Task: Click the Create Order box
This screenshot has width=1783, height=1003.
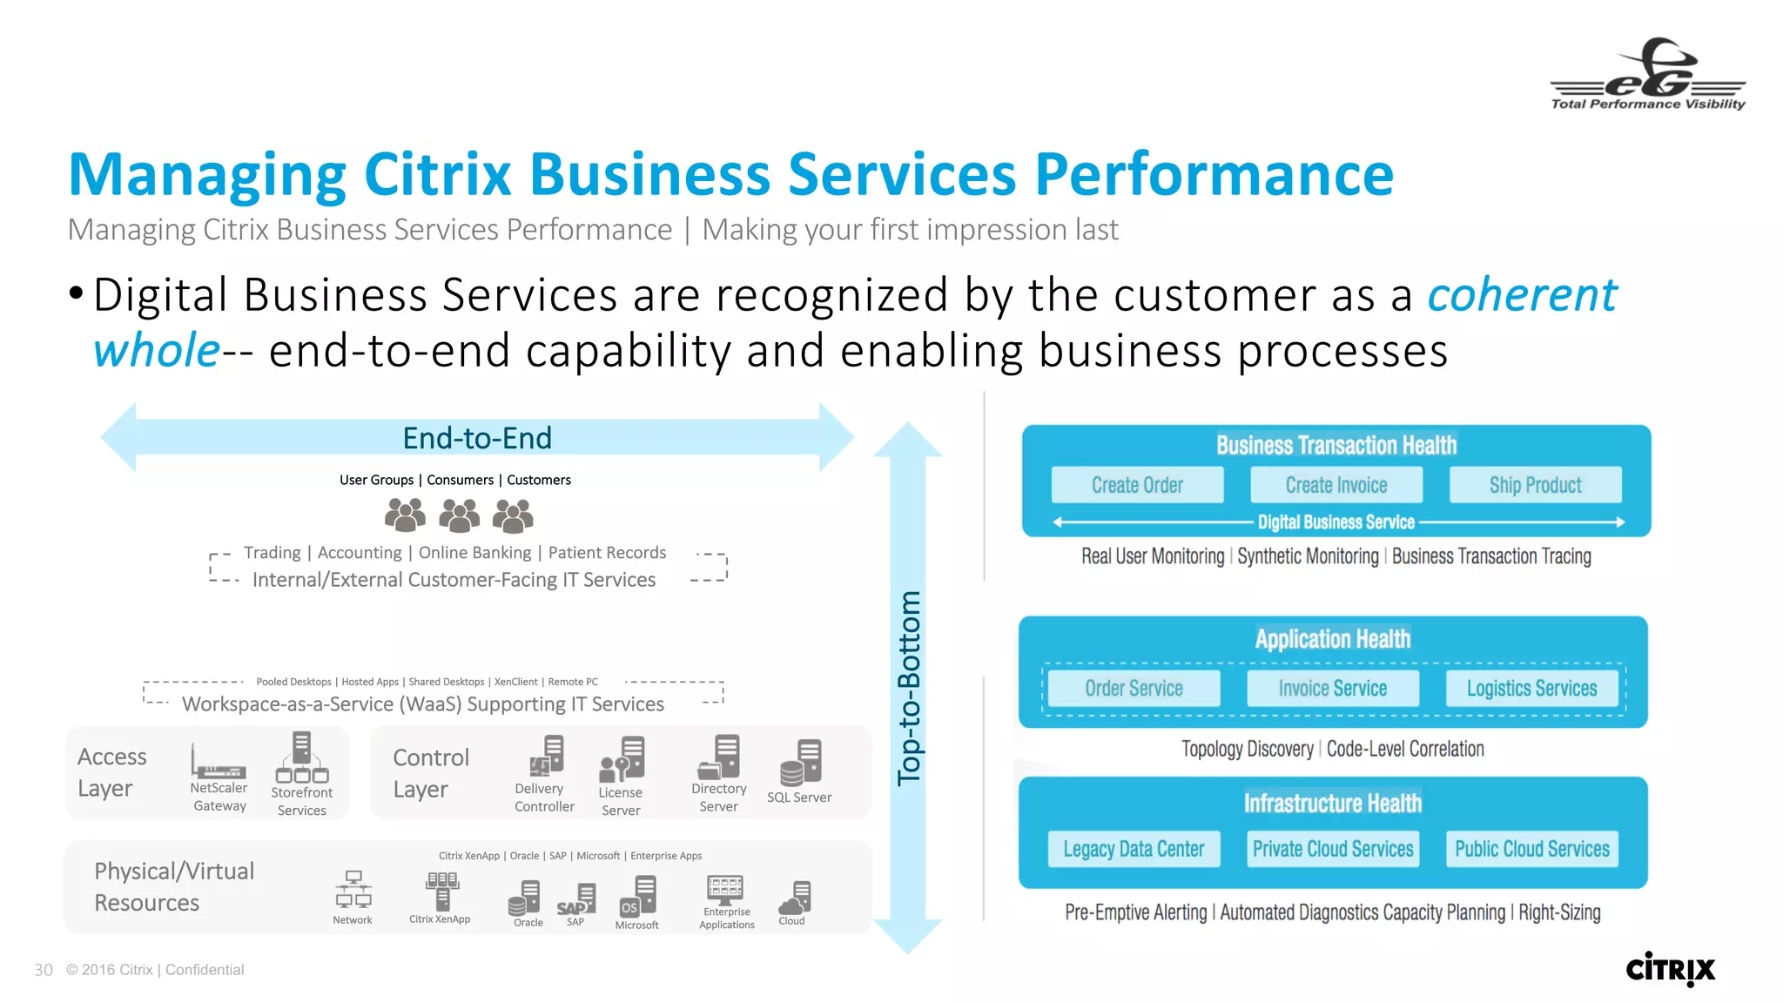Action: (1137, 485)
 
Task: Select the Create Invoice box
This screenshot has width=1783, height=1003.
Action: (1336, 485)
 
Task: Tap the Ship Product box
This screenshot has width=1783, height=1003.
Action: (1535, 485)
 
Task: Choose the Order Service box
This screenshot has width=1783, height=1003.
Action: (1134, 688)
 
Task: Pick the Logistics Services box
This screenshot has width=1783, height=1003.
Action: (1531, 688)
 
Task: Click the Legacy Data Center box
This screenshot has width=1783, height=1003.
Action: (1134, 849)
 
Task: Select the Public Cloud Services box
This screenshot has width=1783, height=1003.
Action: (1531, 849)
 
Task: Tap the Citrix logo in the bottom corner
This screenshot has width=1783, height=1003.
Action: (1670, 968)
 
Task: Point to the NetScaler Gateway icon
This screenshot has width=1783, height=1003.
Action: (218, 763)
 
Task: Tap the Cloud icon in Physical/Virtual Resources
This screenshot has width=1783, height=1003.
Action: (794, 897)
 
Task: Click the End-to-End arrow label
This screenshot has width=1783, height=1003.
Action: (477, 438)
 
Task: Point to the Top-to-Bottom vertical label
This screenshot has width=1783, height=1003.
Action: (908, 688)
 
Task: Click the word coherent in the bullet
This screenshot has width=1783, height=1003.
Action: (1522, 294)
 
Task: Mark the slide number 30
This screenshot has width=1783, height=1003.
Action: (44, 970)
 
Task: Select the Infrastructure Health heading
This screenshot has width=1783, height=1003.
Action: (1332, 803)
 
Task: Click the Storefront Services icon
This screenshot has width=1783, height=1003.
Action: (301, 758)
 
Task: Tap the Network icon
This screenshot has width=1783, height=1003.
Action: (353, 890)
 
